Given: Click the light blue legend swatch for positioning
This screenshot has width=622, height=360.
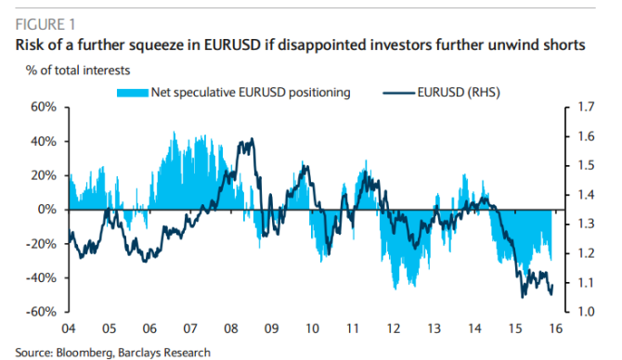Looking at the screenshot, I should coord(132,92).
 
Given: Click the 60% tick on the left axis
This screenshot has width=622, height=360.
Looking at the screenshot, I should coord(44,108).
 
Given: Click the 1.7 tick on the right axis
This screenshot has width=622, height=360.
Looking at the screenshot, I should coord(584,108).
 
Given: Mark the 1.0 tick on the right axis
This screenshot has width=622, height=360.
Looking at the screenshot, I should coord(584,312).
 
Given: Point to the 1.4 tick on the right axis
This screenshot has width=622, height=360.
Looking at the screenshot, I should coord(584,195).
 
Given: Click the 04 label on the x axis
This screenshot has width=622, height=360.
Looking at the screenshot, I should coord(68,328).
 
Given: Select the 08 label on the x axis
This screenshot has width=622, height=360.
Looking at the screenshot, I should coord(231,328).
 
